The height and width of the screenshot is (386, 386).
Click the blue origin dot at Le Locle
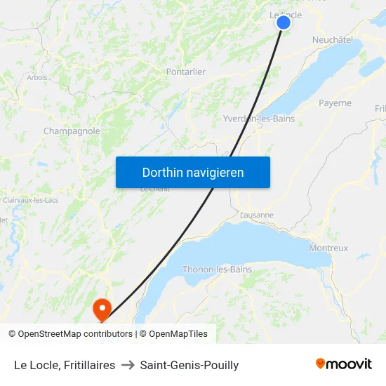pyautogui.click(x=284, y=22)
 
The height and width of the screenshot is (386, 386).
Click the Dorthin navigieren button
pyautogui.click(x=193, y=172)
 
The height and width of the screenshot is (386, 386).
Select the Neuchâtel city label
pyautogui.click(x=332, y=40)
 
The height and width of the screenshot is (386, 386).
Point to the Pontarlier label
pyautogui.click(x=185, y=72)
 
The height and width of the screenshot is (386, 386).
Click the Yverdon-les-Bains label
pyautogui.click(x=258, y=119)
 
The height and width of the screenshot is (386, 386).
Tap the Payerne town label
pyautogui.click(x=335, y=102)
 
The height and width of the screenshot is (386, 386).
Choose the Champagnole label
pyautogui.click(x=72, y=131)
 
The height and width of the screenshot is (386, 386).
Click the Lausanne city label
pyautogui.click(x=256, y=215)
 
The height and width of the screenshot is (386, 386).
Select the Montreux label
pyautogui.click(x=328, y=248)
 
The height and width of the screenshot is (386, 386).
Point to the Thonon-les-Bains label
pyautogui.click(x=217, y=269)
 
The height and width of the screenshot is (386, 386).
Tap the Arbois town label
pyautogui.click(x=37, y=77)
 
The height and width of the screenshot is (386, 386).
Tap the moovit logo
pyautogui.click(x=343, y=364)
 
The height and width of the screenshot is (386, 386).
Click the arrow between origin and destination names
pyautogui.click(x=128, y=365)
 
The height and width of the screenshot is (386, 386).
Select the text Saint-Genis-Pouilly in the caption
pyautogui.click(x=189, y=365)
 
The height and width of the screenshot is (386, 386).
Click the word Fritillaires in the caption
pyautogui.click(x=90, y=365)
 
